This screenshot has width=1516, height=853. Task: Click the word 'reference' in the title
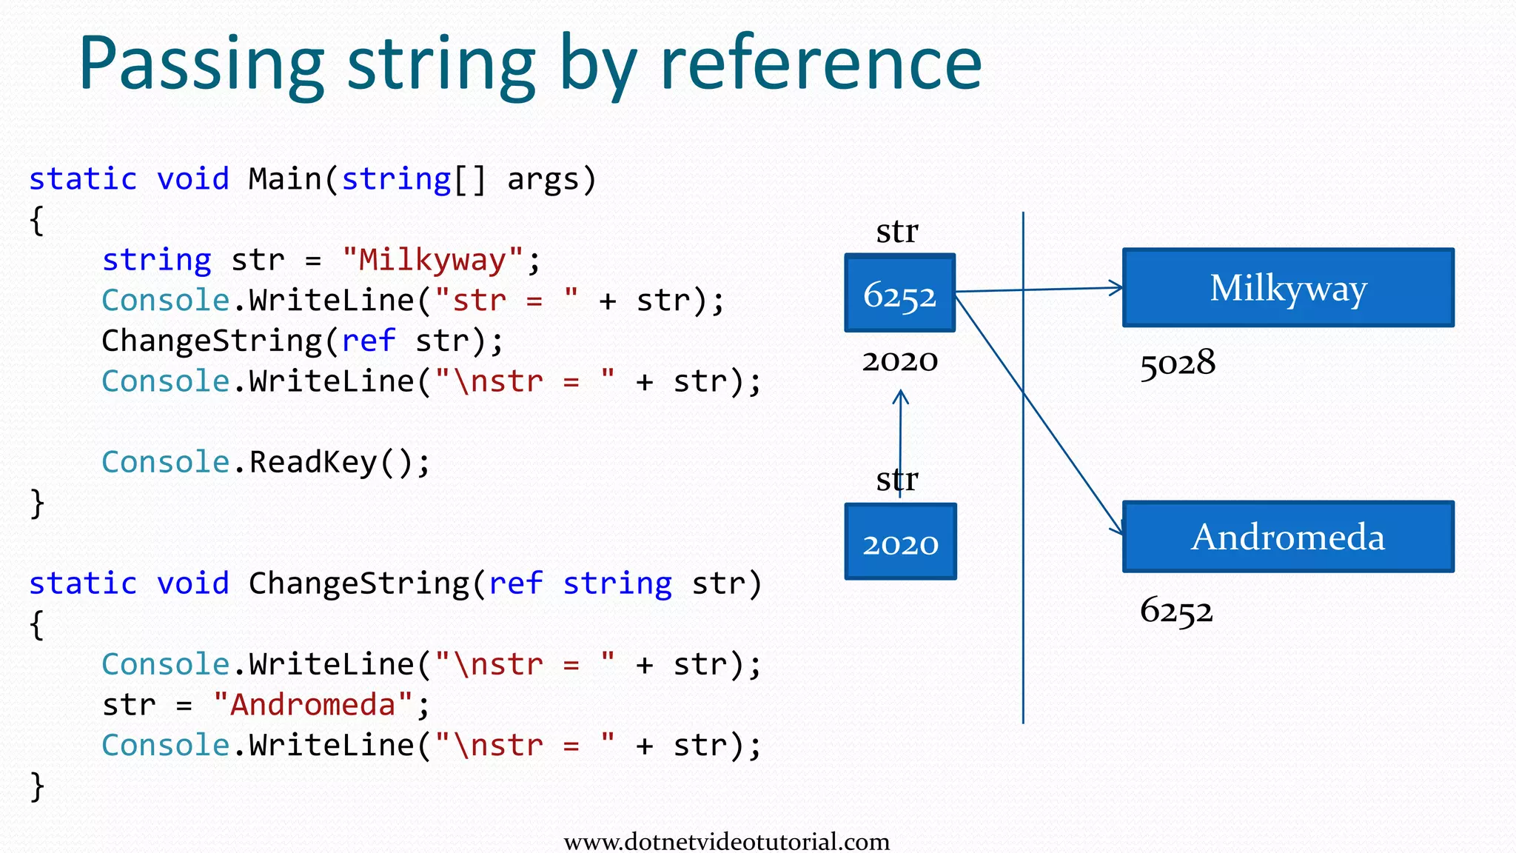820,65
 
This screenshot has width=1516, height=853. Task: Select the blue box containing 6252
899,293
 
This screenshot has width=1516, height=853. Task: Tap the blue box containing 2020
900,542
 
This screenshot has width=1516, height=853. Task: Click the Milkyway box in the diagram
1288,288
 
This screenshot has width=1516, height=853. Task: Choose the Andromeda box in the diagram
1288,537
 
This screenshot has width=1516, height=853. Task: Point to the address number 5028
1177,363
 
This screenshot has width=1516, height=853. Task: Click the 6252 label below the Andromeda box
1176,611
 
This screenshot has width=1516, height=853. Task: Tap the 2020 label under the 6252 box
899,361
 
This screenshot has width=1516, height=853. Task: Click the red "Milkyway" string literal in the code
432,260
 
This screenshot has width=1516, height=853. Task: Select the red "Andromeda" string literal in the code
312,704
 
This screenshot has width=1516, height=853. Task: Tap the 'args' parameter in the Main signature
543,179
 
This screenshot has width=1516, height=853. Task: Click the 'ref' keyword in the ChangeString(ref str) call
368,341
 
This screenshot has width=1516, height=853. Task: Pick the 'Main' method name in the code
285,179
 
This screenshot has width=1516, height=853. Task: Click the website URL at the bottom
726,841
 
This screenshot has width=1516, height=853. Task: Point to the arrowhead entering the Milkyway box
1116,288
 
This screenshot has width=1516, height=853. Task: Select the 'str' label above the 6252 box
896,232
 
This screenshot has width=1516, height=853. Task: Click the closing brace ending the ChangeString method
37,786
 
